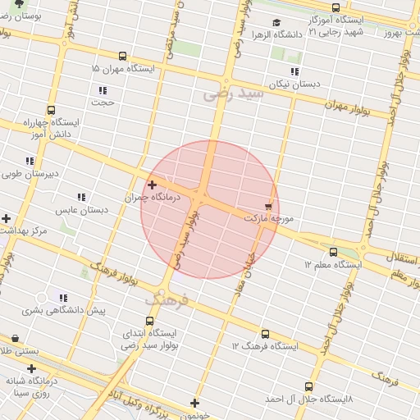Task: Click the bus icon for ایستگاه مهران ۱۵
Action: (122, 57)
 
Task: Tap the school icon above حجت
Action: (103, 90)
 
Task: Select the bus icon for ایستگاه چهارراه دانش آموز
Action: (51, 110)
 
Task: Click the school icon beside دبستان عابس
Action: (80, 197)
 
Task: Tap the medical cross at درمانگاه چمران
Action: (152, 185)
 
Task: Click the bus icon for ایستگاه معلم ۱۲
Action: (333, 252)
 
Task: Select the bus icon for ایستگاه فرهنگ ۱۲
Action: (264, 334)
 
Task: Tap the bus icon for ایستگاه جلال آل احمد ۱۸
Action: (308, 386)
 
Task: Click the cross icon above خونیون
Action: (194, 403)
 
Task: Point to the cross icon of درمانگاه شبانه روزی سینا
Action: (31, 369)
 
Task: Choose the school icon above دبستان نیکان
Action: (294, 71)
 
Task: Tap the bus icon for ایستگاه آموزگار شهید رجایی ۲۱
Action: (336, 7)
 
